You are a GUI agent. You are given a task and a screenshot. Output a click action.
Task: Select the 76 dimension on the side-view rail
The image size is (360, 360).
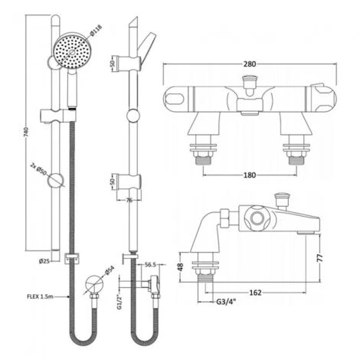(x=128, y=201)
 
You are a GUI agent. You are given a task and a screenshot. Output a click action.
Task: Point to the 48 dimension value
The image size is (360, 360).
(x=178, y=268)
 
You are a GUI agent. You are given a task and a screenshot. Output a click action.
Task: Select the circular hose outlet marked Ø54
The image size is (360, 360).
(x=92, y=281)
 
